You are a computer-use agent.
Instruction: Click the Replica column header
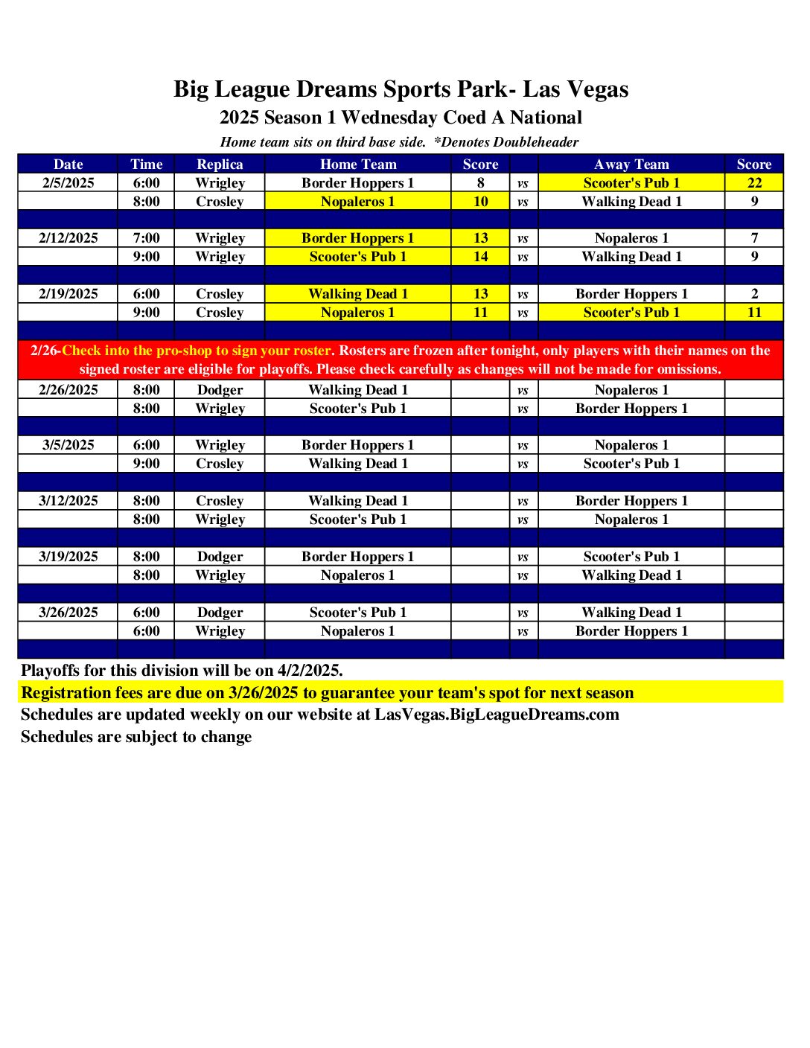tap(220, 164)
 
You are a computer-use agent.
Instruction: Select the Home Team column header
tap(358, 164)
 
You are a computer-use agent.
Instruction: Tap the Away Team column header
tap(631, 164)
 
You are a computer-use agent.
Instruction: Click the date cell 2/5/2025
tap(68, 183)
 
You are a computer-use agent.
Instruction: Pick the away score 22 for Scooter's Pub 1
tap(754, 183)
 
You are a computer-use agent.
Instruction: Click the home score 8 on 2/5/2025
tap(480, 183)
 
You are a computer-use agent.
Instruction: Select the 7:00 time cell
tap(146, 238)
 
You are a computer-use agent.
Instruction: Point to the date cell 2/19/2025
tap(68, 294)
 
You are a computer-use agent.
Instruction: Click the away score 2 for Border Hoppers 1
tap(754, 294)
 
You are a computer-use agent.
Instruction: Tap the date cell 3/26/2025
tap(68, 613)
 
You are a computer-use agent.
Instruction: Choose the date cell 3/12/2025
tap(68, 501)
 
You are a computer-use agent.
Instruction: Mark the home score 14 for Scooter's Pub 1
tap(480, 257)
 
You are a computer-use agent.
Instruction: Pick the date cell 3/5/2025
tap(68, 445)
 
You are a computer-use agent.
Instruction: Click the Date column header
tap(68, 164)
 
